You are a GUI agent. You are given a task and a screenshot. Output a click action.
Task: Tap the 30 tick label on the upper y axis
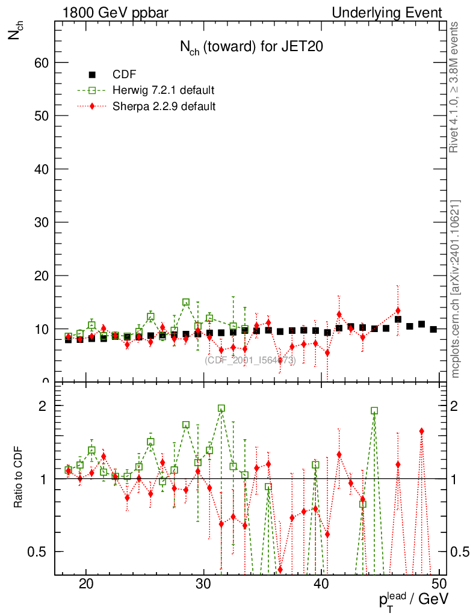[x=40, y=222]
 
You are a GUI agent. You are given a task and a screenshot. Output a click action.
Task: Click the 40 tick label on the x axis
[x=322, y=584]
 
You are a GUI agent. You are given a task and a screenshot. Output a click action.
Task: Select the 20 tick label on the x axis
[x=86, y=584]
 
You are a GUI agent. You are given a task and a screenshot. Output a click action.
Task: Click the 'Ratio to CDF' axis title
[x=19, y=479]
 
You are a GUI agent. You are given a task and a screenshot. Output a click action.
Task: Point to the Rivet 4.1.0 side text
[x=456, y=87]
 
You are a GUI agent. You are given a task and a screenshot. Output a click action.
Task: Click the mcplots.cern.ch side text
[x=456, y=289]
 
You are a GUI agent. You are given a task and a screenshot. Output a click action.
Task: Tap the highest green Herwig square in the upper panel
[x=186, y=303]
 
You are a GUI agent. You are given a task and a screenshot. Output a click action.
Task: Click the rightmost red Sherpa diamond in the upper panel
[x=398, y=311]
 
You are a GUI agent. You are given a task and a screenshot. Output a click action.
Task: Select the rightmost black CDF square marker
[x=433, y=329]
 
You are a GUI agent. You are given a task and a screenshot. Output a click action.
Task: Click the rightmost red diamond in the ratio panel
[x=422, y=431]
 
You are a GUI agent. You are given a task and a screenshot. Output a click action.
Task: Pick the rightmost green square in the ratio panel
[x=374, y=411]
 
